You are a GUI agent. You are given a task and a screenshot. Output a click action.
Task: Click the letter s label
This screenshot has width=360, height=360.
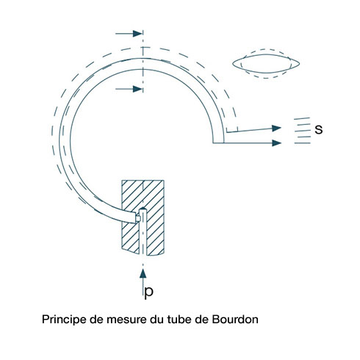[319, 129]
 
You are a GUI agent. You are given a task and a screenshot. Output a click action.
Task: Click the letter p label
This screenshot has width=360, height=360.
[149, 292]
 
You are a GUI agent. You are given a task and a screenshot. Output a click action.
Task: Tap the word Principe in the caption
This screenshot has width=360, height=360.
[65, 320]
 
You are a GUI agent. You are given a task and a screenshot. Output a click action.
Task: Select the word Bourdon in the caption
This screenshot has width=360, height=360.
[235, 320]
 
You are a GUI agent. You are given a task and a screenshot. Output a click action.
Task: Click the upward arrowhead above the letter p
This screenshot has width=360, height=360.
[143, 273]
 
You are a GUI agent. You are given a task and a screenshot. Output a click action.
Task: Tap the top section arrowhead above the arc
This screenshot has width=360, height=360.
[137, 33]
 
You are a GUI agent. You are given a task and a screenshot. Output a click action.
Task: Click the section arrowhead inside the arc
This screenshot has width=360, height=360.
[137, 89]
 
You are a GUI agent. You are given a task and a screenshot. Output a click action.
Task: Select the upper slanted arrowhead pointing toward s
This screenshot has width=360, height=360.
[276, 128]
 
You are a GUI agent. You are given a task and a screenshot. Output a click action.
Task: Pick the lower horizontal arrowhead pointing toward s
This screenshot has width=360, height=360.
[276, 143]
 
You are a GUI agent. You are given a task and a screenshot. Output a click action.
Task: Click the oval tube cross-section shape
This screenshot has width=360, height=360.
[266, 64]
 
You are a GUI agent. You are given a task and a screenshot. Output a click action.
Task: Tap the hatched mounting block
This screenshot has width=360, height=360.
[143, 217]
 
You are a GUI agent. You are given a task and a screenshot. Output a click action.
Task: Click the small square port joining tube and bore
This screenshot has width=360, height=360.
[138, 218]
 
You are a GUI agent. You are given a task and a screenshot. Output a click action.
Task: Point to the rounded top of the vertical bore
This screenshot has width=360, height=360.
[143, 209]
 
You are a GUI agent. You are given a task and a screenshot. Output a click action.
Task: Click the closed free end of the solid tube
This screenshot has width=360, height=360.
[218, 143]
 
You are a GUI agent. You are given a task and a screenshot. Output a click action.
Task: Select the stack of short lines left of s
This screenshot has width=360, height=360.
[303, 131]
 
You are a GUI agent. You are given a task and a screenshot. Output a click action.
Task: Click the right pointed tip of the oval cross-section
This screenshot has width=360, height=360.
[299, 63]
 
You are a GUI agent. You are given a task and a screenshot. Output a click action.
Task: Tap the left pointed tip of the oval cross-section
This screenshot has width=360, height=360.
[233, 64]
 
